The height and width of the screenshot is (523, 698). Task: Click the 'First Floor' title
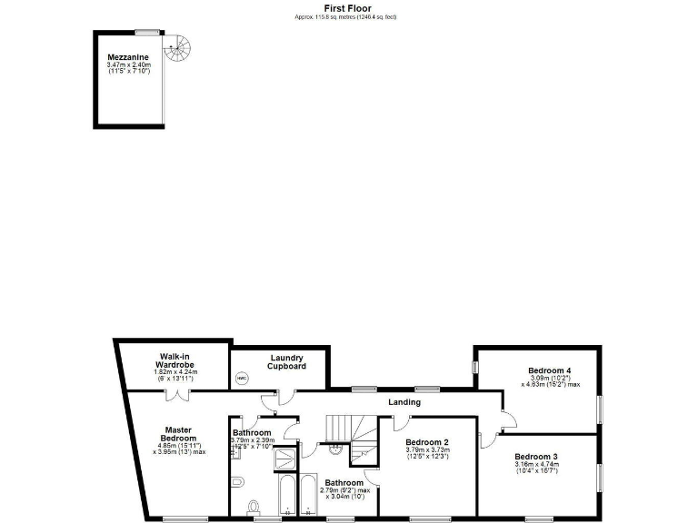pyautogui.click(x=348, y=8)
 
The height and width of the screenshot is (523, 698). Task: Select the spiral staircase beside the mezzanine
pyautogui.click(x=184, y=44)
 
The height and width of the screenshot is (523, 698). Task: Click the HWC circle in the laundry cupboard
pyautogui.click(x=241, y=378)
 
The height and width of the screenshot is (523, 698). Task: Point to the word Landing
pyautogui.click(x=404, y=402)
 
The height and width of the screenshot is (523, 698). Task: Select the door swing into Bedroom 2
pyautogui.click(x=402, y=421)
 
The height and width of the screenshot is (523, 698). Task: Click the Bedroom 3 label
pyautogui.click(x=536, y=456)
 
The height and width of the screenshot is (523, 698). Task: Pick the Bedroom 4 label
pyautogui.click(x=550, y=370)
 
